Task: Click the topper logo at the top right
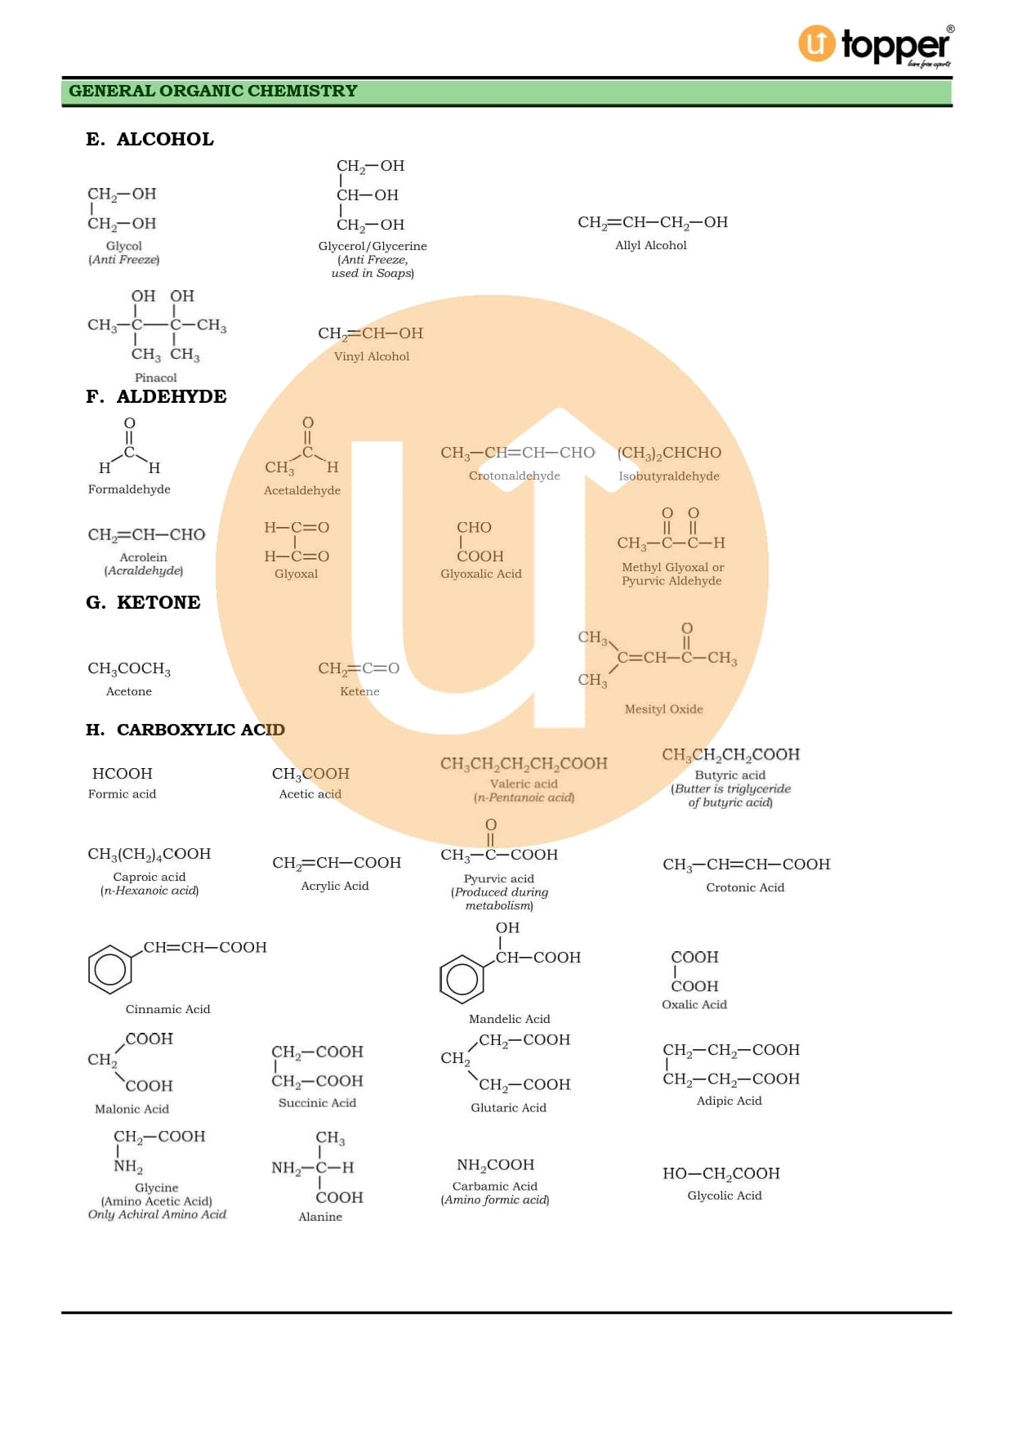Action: (874, 46)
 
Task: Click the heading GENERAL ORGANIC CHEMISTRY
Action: (212, 91)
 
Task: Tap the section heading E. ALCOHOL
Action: (149, 139)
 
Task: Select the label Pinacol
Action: (155, 377)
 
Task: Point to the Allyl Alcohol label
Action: (650, 245)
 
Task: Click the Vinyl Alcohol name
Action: (372, 356)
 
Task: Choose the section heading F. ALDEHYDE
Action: (156, 396)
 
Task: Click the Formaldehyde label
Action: (129, 489)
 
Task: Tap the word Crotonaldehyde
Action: (514, 476)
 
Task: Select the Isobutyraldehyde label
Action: (668, 476)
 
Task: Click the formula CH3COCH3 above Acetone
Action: (129, 668)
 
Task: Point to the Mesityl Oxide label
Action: (663, 709)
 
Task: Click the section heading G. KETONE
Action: (143, 602)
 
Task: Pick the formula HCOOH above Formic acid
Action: (123, 773)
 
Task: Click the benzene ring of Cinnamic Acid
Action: (110, 969)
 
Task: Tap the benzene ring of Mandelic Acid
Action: (462, 979)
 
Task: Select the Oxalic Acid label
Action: (694, 1004)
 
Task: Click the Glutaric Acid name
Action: (508, 1107)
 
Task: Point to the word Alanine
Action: (320, 1217)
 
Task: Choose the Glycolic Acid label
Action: (724, 1195)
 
